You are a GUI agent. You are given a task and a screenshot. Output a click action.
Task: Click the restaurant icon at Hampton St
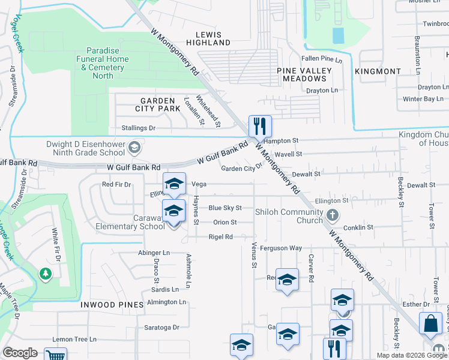260,126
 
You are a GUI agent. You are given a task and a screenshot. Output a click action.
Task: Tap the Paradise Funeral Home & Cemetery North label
101,63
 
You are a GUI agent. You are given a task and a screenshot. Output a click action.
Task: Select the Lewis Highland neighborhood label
208,39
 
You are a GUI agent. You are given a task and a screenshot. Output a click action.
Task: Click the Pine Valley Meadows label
304,74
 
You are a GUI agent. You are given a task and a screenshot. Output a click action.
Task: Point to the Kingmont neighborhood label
378,71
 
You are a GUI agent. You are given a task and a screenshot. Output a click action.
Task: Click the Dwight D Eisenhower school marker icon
137,146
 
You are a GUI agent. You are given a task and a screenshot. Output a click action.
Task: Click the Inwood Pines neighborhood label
112,305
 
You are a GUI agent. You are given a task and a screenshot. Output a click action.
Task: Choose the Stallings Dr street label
138,128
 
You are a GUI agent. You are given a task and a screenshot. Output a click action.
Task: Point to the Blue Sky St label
224,208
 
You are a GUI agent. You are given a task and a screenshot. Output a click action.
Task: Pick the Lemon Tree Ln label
74,339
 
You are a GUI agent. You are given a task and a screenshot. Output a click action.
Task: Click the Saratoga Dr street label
162,327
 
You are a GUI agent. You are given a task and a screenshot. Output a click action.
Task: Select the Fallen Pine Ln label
322,59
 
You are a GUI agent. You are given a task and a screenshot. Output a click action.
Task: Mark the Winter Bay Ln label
423,98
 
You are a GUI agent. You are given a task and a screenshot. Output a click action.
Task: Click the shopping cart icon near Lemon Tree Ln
55,355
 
